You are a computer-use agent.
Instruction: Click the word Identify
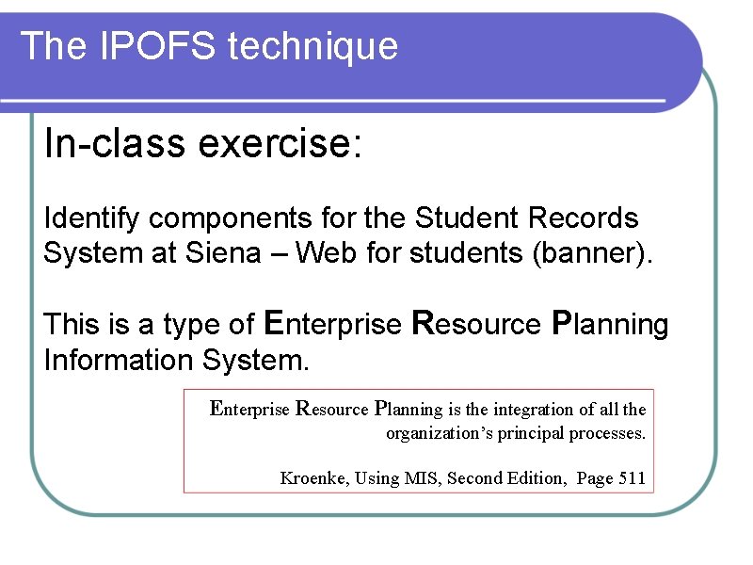click(93, 218)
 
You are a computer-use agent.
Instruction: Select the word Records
click(583, 218)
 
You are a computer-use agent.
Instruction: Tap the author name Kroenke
click(313, 478)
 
